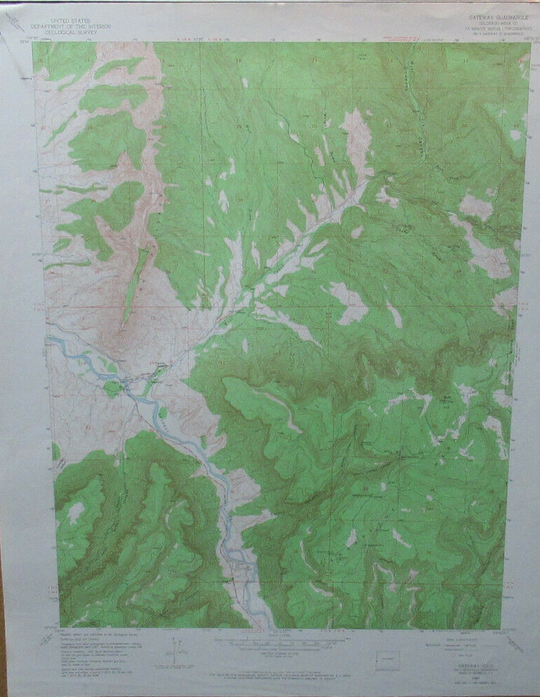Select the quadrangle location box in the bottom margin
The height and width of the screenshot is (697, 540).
click(x=387, y=660)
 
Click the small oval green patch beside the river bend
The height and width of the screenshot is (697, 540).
click(x=162, y=412)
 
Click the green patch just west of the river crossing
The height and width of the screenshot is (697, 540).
click(x=111, y=388)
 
